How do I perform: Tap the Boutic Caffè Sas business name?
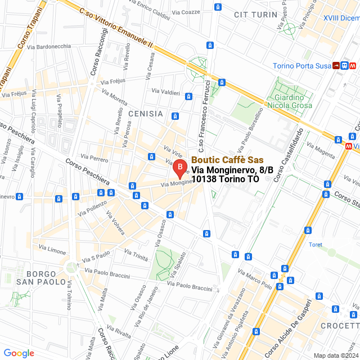(227, 160)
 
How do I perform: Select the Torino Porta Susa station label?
(300, 66)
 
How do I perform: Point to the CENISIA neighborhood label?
(145, 114)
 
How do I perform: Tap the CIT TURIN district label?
(255, 14)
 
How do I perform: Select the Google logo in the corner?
(19, 353)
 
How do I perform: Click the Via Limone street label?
(52, 250)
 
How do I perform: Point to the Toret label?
(316, 244)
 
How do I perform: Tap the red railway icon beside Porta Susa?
(336, 65)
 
